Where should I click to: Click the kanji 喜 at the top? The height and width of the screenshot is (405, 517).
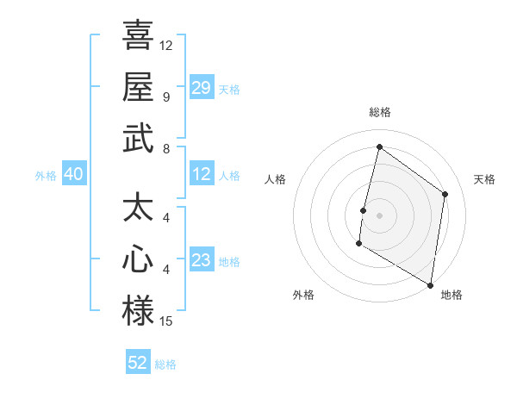click(138, 36)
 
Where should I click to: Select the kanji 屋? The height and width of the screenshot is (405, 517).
click(138, 87)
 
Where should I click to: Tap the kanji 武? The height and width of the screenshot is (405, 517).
click(138, 139)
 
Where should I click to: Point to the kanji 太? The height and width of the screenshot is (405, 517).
click(138, 209)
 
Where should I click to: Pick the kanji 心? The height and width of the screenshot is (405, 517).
click(138, 260)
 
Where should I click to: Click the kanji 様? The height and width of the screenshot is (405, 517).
click(138, 311)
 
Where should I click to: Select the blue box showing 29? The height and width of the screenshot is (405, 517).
click(202, 88)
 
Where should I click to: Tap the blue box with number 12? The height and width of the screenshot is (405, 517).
click(202, 175)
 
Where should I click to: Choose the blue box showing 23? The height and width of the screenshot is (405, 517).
click(202, 260)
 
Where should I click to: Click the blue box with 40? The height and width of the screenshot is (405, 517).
click(73, 175)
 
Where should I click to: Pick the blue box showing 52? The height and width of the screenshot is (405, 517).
click(138, 363)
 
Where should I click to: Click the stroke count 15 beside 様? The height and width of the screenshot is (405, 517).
click(166, 322)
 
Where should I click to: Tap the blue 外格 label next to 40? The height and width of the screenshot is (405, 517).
click(46, 176)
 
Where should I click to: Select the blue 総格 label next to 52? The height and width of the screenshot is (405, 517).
click(165, 364)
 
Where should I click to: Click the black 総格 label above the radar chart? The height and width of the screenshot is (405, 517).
click(379, 113)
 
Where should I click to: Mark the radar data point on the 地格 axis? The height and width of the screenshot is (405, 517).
click(430, 284)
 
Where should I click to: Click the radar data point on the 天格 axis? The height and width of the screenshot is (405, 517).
click(445, 194)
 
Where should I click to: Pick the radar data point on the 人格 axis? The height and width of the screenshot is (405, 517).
click(364, 210)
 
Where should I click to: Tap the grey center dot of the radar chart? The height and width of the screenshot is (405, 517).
click(379, 215)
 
